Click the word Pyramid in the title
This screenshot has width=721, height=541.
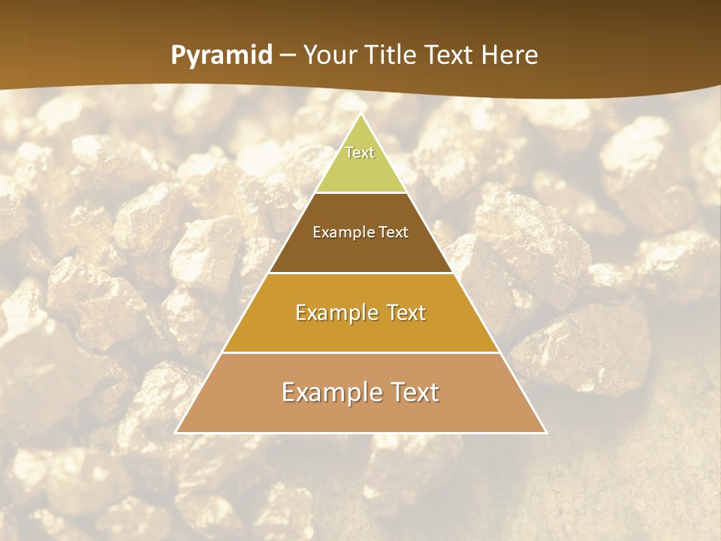222,56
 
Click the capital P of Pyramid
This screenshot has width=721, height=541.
178,56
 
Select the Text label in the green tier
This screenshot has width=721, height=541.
360,153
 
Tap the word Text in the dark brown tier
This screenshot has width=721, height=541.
394,232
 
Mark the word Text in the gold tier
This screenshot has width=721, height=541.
405,313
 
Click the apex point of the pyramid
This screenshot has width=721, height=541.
360,114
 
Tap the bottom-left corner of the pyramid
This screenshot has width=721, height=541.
176,432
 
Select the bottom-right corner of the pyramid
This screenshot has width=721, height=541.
545,432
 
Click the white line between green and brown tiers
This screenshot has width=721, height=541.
360,193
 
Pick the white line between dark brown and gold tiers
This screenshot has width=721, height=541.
360,273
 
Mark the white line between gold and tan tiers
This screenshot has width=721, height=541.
360,352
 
